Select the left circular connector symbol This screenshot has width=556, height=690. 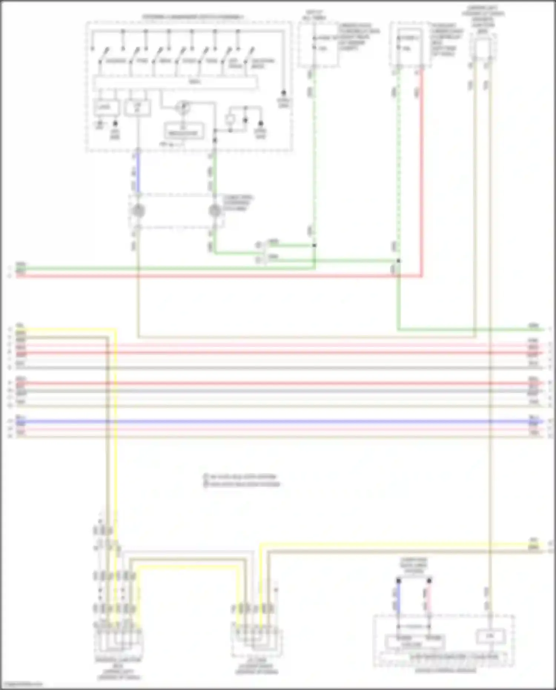[138, 211]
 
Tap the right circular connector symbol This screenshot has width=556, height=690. [215, 211]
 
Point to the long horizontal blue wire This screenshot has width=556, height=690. [278, 422]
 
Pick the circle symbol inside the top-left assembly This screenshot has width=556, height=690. [183, 108]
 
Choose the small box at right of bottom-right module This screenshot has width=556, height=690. [490, 635]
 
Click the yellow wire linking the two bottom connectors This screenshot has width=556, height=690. [187, 568]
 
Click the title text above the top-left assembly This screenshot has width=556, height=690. [193, 17]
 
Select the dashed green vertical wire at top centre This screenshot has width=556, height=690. [314, 148]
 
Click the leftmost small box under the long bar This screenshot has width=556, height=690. [106, 108]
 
